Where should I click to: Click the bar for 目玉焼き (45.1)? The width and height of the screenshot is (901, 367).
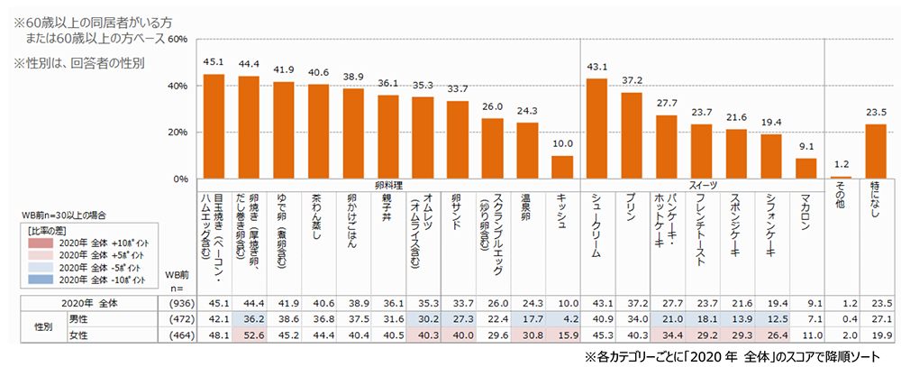point(214,126)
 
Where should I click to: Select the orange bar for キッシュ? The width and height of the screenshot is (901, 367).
point(562,168)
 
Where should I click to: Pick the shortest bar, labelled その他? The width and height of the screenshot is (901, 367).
point(842,178)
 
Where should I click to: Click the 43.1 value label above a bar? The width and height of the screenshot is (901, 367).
point(596,68)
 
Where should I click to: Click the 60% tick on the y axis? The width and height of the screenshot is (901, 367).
point(177,40)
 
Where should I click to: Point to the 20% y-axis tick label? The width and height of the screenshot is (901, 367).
point(177,133)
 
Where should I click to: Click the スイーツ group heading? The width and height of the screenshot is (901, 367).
point(703,185)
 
